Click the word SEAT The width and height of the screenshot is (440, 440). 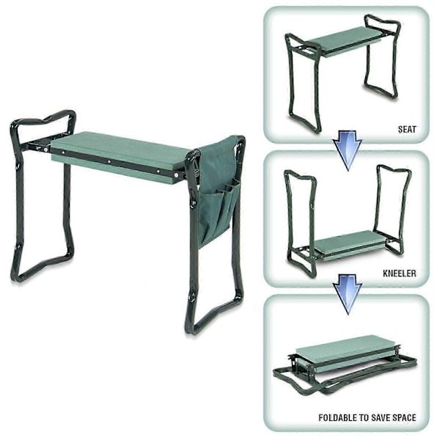(407, 129)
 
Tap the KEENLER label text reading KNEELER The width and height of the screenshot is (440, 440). (400, 274)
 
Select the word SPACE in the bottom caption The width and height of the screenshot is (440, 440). (403, 417)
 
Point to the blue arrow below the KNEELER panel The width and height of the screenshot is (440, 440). (348, 294)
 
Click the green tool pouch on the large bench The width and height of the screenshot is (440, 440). (219, 191)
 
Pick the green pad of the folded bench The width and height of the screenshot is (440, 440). (345, 354)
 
